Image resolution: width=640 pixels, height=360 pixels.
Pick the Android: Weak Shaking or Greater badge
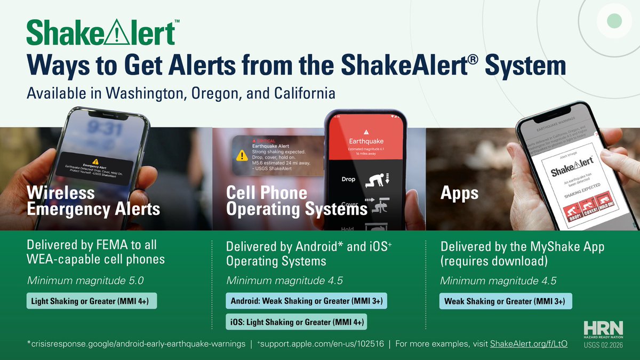pyautogui.click(x=306, y=301)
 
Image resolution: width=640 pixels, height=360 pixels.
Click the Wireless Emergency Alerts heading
pyautogui.click(x=93, y=201)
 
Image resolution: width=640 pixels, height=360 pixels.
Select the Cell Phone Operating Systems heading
pyautogui.click(x=297, y=201)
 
